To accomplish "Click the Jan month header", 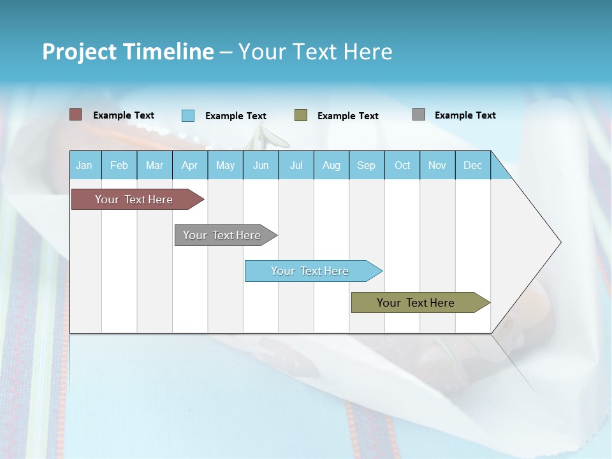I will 85,165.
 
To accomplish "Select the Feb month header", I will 119,165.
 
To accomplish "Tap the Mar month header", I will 154,165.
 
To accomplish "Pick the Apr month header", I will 190,165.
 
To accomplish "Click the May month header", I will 225,165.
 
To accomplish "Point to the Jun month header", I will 261,165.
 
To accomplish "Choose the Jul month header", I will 296,165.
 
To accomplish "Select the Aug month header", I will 331,165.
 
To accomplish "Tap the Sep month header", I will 367,165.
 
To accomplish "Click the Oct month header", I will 402,165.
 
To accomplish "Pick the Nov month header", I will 437,165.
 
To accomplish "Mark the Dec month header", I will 473,165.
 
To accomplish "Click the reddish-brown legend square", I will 76,115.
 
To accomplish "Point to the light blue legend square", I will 188,115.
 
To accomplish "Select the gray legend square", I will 419,115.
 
